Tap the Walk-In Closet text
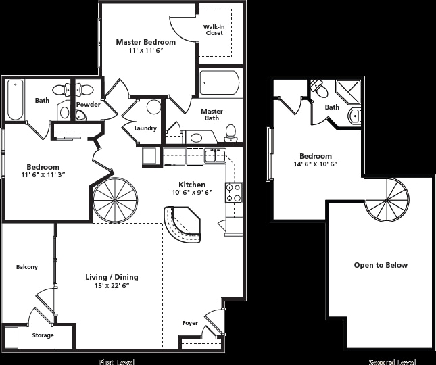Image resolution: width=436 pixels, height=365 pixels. coord(214,30)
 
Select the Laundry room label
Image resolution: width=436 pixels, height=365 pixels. coord(145,128)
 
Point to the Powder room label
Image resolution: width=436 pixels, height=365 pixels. coord(88,105)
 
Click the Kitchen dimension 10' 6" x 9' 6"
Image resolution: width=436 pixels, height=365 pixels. coord(191,193)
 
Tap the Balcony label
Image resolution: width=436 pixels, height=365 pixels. coord(27,267)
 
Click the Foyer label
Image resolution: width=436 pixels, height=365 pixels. coord(190,323)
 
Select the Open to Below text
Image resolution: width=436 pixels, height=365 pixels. coord(381,265)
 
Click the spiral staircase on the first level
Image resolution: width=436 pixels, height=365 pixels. coord(114,201)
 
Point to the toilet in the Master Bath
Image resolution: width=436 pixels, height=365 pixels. coord(231,130)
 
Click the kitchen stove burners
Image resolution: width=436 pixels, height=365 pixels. coord(234,193)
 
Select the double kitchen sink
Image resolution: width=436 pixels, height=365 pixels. coord(216,156)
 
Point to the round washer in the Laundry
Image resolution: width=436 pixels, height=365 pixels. coord(154,107)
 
